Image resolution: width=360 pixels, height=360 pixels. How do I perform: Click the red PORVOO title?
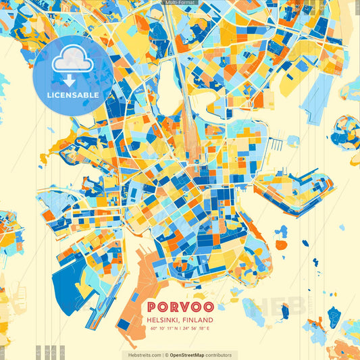(180, 306)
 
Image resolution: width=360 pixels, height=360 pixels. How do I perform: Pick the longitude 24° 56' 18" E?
(196, 328)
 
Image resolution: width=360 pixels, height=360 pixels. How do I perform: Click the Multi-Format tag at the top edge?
(180, 3)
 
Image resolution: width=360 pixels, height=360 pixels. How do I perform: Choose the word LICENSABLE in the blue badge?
(73, 95)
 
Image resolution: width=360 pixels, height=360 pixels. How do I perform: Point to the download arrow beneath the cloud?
(70, 80)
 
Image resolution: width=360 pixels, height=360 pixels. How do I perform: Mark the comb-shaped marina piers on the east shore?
(277, 145)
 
